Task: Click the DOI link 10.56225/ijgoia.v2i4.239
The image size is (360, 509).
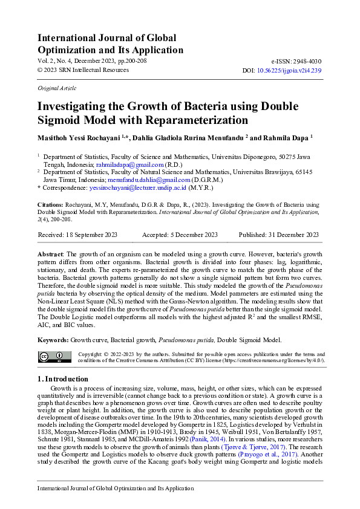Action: coord(289,70)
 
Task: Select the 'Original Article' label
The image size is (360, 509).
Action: coord(53,88)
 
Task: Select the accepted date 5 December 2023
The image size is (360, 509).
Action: coord(192,235)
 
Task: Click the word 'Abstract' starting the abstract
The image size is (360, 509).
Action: coord(51,254)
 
